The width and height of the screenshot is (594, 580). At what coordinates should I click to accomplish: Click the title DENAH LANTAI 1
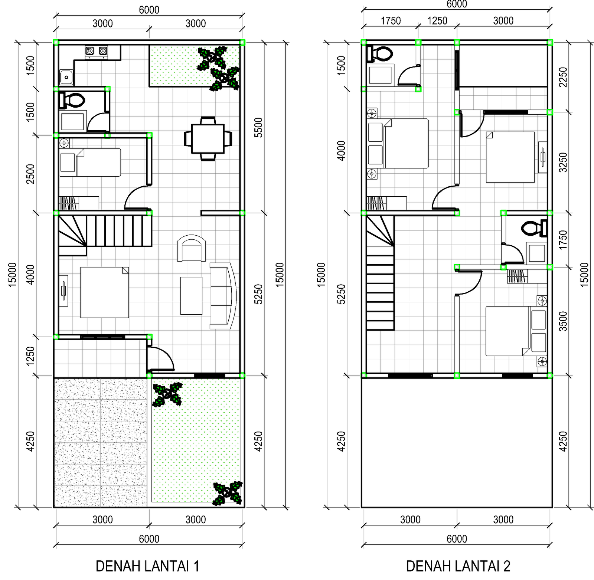click(147, 566)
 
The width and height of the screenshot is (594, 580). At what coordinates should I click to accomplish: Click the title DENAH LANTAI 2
click(458, 566)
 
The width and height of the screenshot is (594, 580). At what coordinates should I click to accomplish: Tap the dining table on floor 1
click(208, 139)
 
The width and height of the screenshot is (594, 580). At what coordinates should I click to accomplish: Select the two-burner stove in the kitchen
click(97, 52)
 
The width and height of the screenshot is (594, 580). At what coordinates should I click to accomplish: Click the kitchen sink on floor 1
click(66, 77)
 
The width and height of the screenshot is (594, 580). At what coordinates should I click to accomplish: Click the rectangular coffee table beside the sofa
click(191, 295)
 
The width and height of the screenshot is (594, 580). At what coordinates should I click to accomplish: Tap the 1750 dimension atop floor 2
click(391, 21)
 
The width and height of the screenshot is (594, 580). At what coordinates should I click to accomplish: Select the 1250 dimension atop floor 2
click(437, 21)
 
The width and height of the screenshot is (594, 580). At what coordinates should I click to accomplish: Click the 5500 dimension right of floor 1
click(258, 128)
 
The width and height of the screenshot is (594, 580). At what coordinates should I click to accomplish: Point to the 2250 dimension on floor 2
click(563, 77)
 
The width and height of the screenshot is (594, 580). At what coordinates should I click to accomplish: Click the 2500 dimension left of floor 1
click(30, 174)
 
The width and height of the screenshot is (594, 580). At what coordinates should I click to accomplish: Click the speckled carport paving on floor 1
click(100, 442)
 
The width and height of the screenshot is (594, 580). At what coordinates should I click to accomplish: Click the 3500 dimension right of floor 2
click(563, 321)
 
